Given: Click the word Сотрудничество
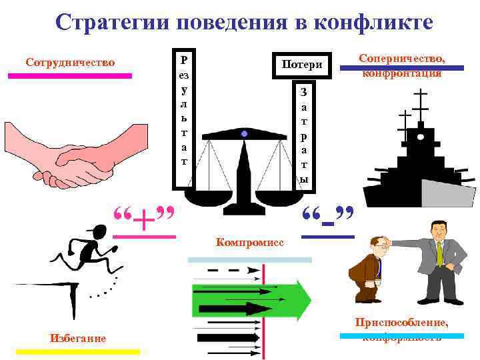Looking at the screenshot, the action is tap(70, 63).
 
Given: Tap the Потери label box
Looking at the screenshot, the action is tap(302, 65).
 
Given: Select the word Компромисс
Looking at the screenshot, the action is tap(250, 242).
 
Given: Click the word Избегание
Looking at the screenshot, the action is tap(78, 338).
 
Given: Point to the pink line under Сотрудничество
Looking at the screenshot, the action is tap(70, 76).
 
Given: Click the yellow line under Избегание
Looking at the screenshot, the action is tap(78, 351).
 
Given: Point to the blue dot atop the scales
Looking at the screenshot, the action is tap(245, 135).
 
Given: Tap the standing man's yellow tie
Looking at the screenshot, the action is tap(439, 253).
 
